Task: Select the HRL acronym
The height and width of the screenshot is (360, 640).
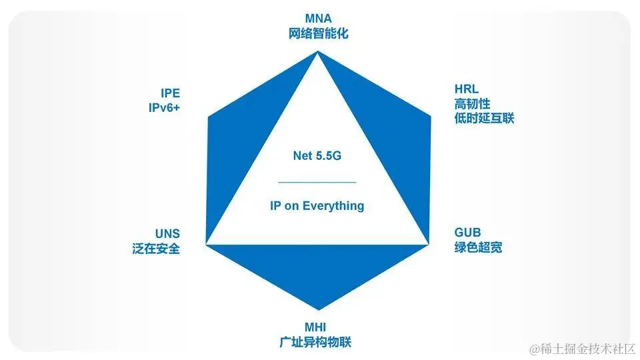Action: [467, 89]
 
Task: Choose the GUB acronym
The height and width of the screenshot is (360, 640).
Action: [468, 233]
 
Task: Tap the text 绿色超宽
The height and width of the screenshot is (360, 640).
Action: [478, 247]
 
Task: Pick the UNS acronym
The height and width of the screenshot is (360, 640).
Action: [167, 234]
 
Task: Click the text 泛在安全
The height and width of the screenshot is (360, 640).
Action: [156, 249]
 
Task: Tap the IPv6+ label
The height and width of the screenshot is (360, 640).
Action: [164, 107]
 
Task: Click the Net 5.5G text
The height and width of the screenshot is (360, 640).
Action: [317, 156]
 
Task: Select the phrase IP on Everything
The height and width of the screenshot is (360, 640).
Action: [317, 205]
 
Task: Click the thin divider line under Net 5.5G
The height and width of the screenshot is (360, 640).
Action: [317, 181]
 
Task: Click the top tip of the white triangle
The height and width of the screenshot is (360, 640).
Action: [317, 55]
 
